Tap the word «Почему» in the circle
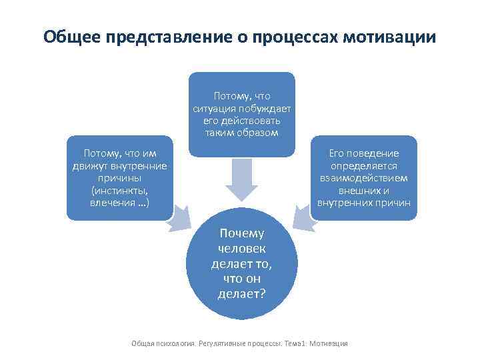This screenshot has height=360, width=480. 241,233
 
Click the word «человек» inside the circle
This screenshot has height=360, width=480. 241,249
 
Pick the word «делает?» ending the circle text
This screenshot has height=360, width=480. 241,294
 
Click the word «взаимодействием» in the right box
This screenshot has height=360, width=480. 364,179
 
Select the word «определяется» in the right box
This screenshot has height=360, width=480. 364,166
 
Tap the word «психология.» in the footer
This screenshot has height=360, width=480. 177,343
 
